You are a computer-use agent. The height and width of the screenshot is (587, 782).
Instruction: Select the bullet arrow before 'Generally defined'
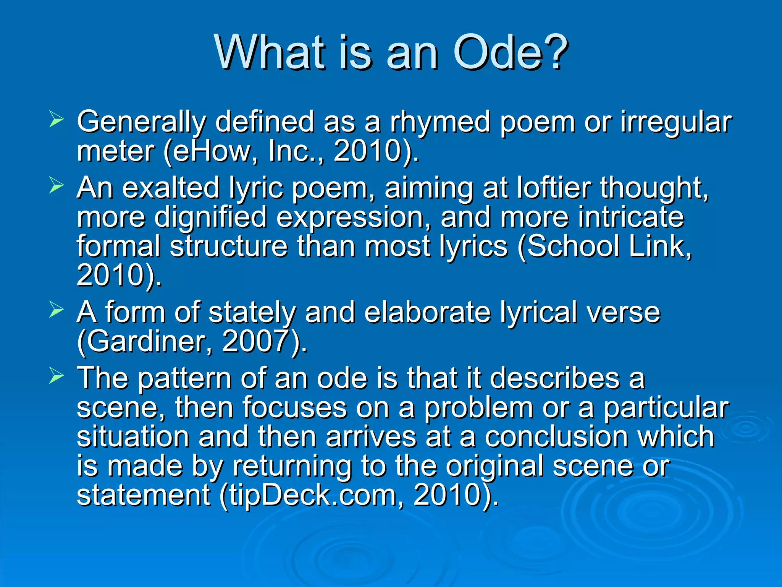[57, 120]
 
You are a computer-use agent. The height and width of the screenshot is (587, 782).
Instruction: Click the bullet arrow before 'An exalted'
[57, 186]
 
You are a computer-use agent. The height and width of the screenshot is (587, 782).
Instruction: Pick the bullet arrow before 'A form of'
[57, 310]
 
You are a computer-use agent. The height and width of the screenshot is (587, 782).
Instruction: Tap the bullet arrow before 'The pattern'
[57, 376]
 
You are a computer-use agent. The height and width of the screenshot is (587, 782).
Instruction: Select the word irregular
[676, 122]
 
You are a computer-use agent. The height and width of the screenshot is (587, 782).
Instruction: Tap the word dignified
[210, 217]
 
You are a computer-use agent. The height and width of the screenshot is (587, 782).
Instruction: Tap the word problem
[479, 408]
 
